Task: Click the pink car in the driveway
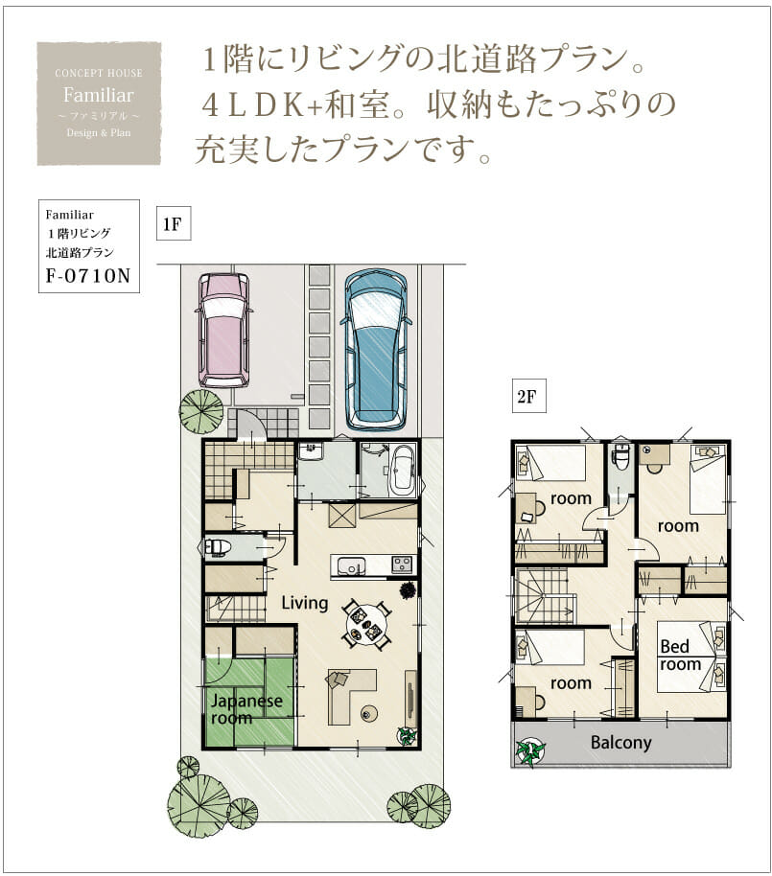click(224, 330)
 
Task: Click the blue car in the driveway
click(376, 350)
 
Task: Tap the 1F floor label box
click(174, 224)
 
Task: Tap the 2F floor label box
click(528, 397)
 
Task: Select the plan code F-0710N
click(88, 275)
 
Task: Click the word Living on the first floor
click(305, 603)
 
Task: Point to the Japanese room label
click(246, 709)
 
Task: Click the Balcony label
click(621, 743)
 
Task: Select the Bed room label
click(680, 656)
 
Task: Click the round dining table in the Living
click(367, 625)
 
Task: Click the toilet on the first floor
click(218, 547)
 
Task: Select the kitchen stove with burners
click(403, 565)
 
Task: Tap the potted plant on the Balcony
click(530, 750)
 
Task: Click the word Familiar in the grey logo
click(99, 95)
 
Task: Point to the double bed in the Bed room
click(691, 657)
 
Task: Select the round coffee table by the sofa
click(368, 713)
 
